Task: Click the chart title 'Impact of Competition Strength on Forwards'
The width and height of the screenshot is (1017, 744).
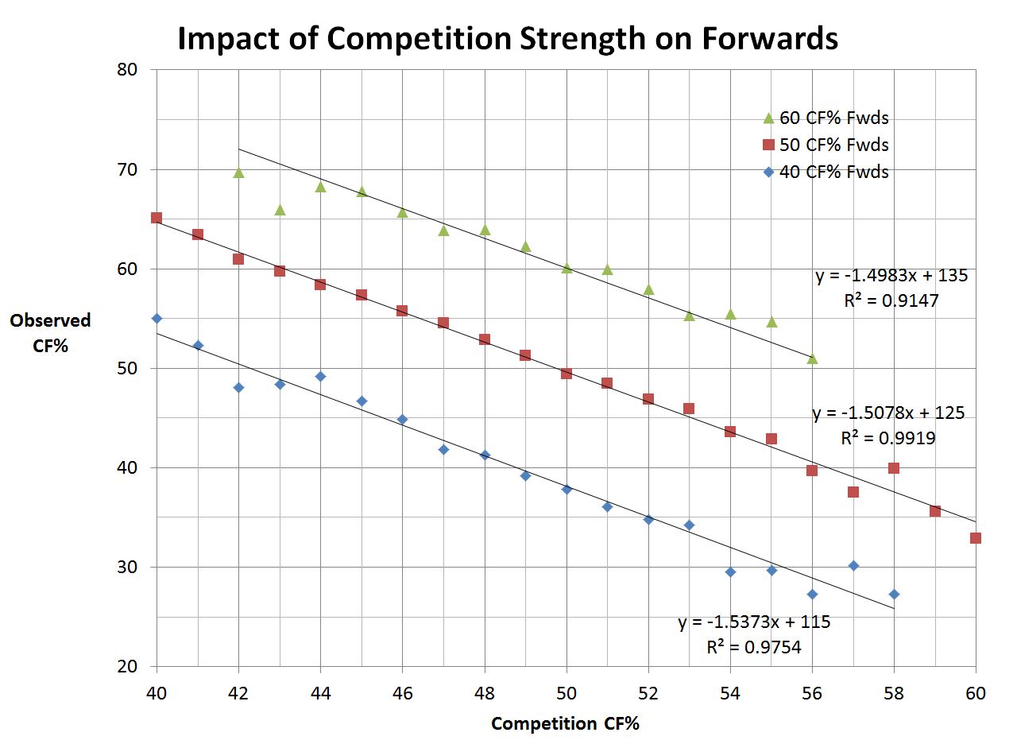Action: point(507,38)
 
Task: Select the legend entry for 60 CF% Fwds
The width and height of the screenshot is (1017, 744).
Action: point(824,118)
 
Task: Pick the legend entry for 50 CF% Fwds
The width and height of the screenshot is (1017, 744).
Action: point(824,145)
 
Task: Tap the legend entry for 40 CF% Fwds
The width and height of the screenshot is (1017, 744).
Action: point(824,172)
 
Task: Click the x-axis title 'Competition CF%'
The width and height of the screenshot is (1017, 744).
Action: point(565,724)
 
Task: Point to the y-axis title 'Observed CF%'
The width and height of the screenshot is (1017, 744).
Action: point(50,332)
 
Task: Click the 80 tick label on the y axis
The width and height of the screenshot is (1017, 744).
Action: point(127,70)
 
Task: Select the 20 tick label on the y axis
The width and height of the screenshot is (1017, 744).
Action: point(127,667)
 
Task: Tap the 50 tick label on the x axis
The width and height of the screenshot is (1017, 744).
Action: point(567,693)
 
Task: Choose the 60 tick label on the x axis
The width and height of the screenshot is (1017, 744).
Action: point(976,693)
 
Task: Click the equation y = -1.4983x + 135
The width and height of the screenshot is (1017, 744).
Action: point(891,276)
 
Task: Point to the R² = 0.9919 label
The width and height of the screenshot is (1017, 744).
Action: point(887,438)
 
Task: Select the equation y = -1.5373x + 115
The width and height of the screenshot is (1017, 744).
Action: point(754,622)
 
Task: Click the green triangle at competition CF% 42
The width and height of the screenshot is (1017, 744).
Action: point(238,172)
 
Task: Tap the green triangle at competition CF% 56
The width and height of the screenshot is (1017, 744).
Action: point(812,358)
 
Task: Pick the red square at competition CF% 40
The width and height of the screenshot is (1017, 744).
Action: point(157,218)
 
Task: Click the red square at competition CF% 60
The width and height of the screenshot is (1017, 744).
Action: point(976,538)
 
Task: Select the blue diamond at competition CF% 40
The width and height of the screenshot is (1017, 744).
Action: point(157,319)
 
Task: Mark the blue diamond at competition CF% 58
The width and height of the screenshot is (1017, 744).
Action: point(894,595)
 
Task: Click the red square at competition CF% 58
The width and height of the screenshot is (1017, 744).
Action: point(894,468)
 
